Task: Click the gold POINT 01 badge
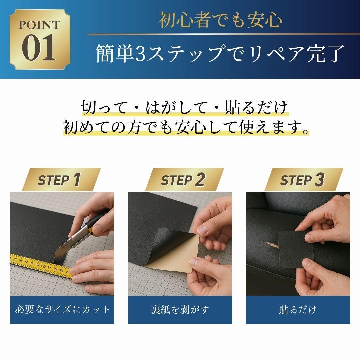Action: [40, 39]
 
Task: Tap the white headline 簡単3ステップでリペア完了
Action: [220, 53]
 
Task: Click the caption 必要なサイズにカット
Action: [62, 309]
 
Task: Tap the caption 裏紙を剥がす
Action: [180, 309]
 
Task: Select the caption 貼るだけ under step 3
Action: [298, 309]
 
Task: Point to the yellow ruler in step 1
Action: [41, 266]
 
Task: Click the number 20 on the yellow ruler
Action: [43, 266]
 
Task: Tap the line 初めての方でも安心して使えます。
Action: [186, 127]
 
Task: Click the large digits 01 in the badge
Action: [39, 48]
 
